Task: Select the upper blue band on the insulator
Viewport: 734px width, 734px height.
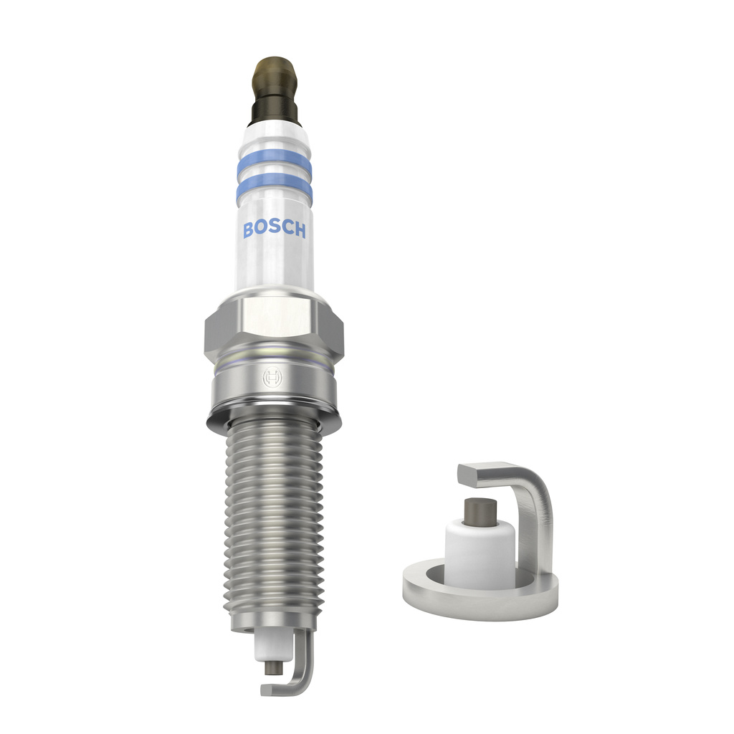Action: pyautogui.click(x=274, y=165)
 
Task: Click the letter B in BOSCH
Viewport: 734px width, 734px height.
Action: pyautogui.click(x=248, y=229)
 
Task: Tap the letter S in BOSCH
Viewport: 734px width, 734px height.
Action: pyautogui.click(x=273, y=229)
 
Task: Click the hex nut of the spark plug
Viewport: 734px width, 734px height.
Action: pyautogui.click(x=274, y=326)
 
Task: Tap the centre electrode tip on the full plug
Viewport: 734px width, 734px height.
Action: pyautogui.click(x=272, y=666)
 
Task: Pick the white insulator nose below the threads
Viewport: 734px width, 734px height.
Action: pyautogui.click(x=269, y=645)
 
